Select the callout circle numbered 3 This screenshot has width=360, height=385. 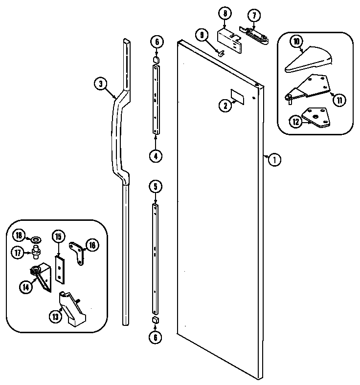coord(100,84)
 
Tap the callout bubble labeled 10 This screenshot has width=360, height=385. coord(296,43)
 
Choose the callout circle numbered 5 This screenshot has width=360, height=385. coord(155,186)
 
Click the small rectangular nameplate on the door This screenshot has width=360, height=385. coord(238,97)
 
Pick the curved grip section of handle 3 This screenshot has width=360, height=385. coord(118,137)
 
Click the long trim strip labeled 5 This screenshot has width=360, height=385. coord(155,259)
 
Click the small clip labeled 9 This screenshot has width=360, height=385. coord(222,49)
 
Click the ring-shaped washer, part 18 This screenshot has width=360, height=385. coord(35,239)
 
